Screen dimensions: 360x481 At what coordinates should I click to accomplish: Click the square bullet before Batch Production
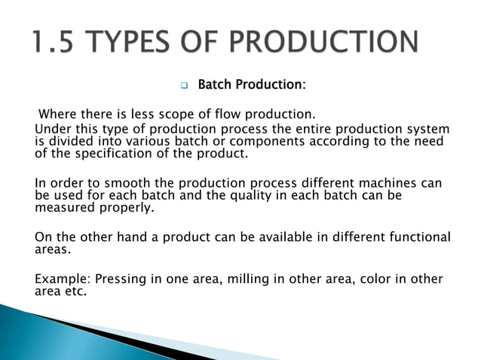pos(183,85)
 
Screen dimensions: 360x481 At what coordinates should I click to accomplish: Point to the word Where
pos(56,114)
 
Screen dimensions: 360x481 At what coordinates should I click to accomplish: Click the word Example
pos(60,279)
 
